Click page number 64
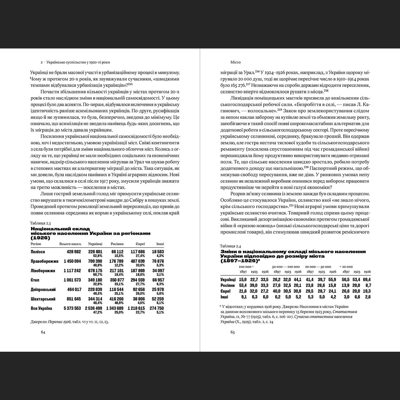pos(43,332)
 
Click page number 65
pos(233,332)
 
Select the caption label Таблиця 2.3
pos(40,223)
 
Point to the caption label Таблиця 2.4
pos(231,246)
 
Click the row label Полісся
pos(38,252)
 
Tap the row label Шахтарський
pos(43,299)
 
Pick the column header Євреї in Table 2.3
pos(140,244)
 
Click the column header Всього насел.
pos(70,244)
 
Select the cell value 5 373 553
pos(72,308)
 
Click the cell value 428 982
pos(74,252)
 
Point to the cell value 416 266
pos(116,299)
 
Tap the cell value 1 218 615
pos(136,308)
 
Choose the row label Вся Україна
pos(41,308)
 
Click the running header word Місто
pos(236,62)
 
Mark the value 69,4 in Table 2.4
pos(367,280)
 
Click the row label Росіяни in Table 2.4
pos(228,285)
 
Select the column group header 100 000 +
pos(246,267)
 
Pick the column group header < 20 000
pos(346,267)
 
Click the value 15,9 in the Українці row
pos(243,280)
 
